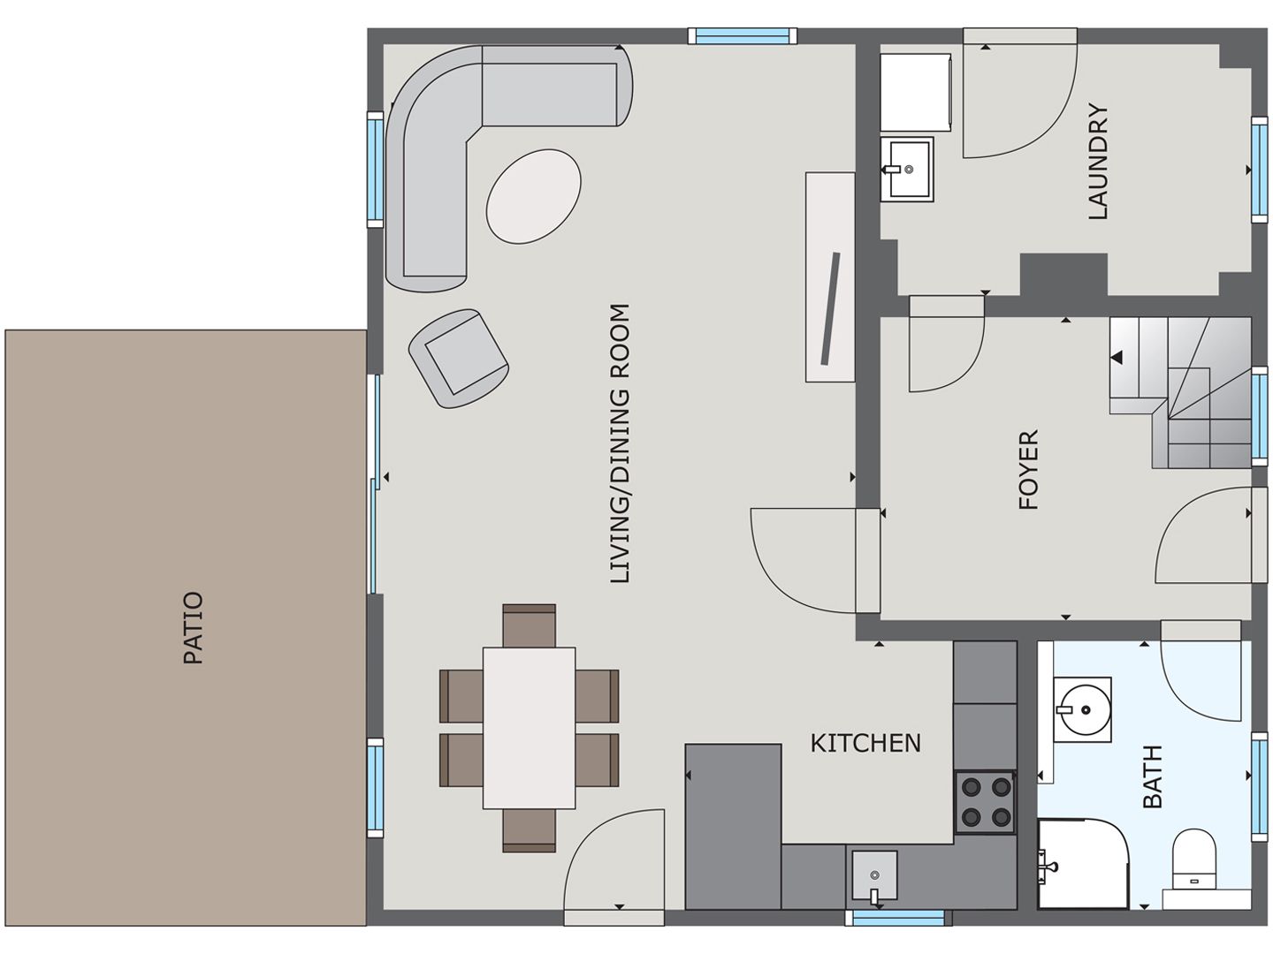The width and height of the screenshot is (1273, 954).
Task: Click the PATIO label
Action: tap(193, 628)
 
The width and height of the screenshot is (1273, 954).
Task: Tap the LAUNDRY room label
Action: tap(1097, 162)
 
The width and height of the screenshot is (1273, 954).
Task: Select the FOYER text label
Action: tap(1028, 470)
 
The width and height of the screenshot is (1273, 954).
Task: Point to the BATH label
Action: tap(1153, 776)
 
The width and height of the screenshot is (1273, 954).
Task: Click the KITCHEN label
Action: tap(865, 743)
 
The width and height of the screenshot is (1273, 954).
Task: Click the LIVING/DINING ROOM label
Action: tap(621, 443)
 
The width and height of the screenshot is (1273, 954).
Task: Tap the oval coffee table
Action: tap(534, 195)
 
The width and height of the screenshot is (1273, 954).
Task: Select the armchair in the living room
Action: tap(458, 357)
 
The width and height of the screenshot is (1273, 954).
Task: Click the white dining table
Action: tap(529, 728)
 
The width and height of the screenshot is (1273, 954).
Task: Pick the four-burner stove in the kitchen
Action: tap(984, 802)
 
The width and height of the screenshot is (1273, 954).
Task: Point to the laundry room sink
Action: tap(907, 169)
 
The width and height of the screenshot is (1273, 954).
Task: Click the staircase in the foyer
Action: tap(1181, 392)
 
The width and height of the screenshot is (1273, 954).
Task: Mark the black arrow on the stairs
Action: tap(1117, 358)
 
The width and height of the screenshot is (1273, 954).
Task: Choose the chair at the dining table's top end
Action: tap(529, 625)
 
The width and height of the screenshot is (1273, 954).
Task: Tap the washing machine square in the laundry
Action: tap(915, 92)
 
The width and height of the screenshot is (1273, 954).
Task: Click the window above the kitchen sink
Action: tap(897, 918)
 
